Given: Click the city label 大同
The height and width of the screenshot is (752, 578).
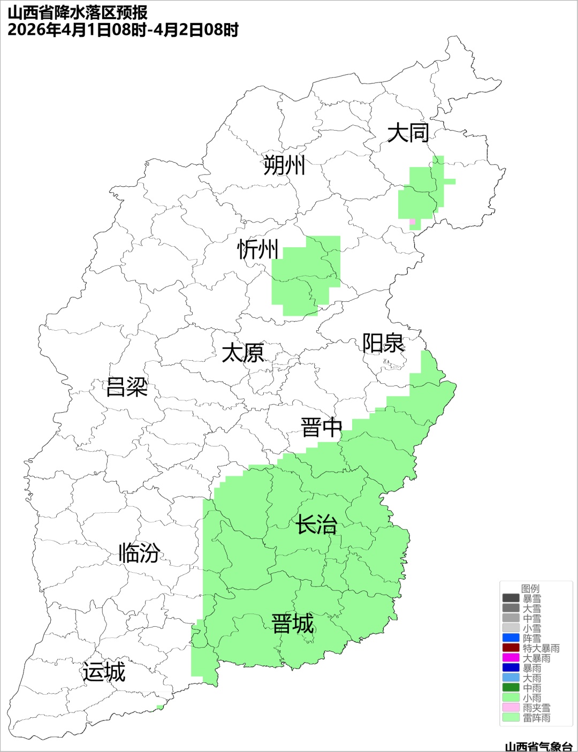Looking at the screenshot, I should click(x=408, y=132).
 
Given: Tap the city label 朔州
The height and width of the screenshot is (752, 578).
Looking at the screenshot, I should click(x=284, y=165).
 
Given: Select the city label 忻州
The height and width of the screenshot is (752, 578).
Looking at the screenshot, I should click(x=258, y=249).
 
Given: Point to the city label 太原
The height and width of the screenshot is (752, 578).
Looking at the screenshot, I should click(x=243, y=353).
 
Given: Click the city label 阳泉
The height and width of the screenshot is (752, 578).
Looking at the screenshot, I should click(x=383, y=343).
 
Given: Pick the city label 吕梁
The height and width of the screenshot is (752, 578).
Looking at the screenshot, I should click(x=127, y=386).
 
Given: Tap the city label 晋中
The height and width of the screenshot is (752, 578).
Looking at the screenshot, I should click(x=321, y=428).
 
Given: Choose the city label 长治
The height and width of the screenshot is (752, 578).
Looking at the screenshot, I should click(x=317, y=525).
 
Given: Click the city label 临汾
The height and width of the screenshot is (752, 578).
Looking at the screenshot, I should click(x=139, y=552).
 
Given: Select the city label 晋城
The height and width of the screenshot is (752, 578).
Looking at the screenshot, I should click(x=293, y=624).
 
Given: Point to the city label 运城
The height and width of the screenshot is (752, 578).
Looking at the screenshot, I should click(x=104, y=672).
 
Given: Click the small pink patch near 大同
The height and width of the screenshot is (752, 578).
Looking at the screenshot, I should click(x=412, y=222).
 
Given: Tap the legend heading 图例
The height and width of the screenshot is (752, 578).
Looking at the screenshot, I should click(x=530, y=588).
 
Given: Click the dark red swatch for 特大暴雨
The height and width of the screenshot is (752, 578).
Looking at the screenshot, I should click(x=511, y=648).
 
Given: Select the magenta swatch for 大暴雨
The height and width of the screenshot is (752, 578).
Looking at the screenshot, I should click(x=511, y=658).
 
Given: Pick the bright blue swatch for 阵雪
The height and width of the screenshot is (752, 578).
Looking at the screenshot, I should click(x=511, y=638).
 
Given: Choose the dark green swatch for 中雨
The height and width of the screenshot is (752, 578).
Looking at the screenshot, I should click(x=511, y=688).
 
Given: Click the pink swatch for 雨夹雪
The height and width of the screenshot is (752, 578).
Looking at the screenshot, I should click(x=511, y=708).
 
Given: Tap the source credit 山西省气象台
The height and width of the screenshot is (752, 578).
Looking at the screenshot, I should click(x=538, y=746).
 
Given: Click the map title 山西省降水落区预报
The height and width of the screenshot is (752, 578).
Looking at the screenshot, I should click(x=78, y=13).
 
